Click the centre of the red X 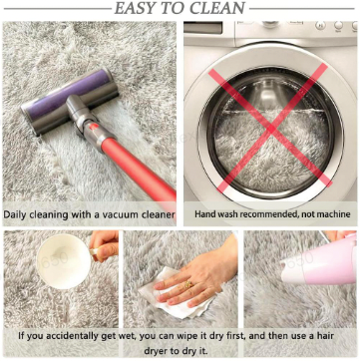pos(270,129)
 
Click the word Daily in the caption pos(15,214)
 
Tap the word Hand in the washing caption pos(203,214)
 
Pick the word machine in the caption pos(333,214)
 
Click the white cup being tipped pos(63,260)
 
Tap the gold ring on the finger pos(188,284)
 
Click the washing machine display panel pos(203,28)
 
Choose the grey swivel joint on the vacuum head pos(81,112)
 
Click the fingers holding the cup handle pos(104,246)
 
